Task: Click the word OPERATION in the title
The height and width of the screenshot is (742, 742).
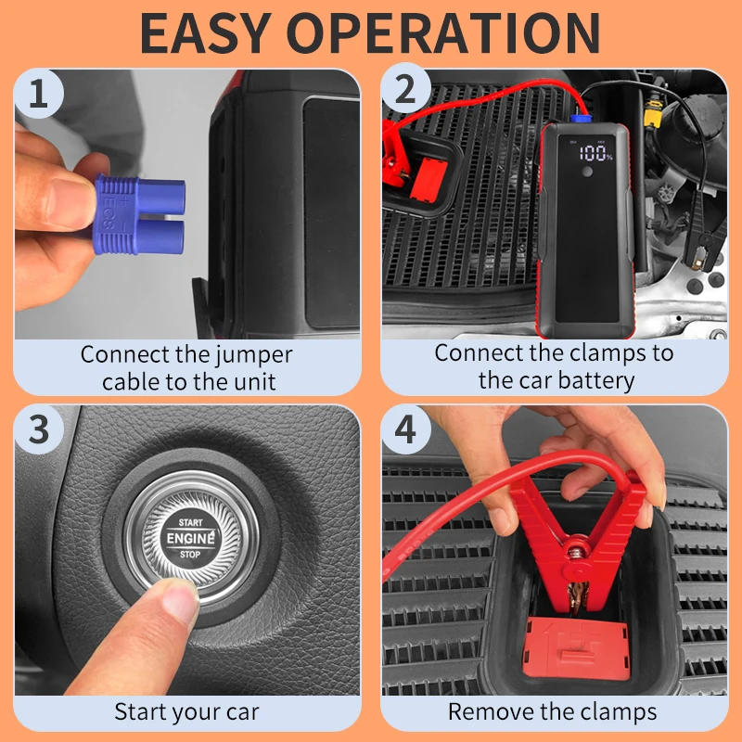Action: coord(461,32)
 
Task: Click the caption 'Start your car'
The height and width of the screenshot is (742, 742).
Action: coord(186,712)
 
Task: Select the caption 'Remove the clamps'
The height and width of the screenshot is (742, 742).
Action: coord(553,712)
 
